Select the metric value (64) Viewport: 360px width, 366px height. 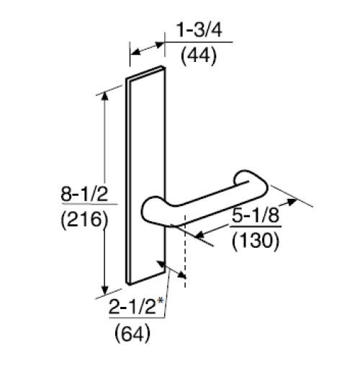pyautogui.click(x=132, y=333)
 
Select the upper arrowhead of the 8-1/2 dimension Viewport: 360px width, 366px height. pyautogui.click(x=107, y=97)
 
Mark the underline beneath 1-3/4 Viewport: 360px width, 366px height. pyautogui.click(x=199, y=43)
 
